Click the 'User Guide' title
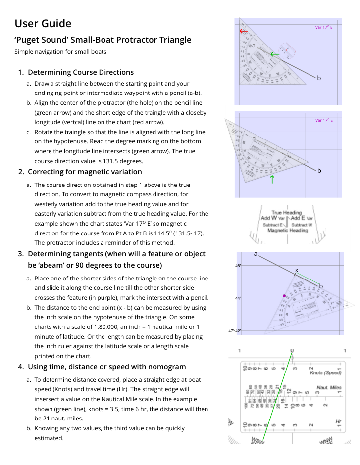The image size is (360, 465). (x=43, y=23)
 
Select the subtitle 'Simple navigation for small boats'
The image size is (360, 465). (x=60, y=52)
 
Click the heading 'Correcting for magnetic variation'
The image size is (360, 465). (x=85, y=172)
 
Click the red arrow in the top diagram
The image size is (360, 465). (x=244, y=31)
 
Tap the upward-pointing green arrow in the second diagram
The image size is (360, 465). (x=272, y=179)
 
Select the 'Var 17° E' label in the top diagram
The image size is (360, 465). (x=324, y=27)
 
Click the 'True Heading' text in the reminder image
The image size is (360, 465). (x=286, y=213)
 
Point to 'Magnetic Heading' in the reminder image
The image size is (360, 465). (x=287, y=230)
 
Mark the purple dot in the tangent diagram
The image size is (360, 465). (x=284, y=296)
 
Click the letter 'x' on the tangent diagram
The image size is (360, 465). (x=297, y=270)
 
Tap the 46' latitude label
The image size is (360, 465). (x=238, y=266)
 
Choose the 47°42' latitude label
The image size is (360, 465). (x=235, y=331)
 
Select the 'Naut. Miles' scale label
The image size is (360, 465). (x=329, y=387)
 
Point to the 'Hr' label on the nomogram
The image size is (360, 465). (x=338, y=421)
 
